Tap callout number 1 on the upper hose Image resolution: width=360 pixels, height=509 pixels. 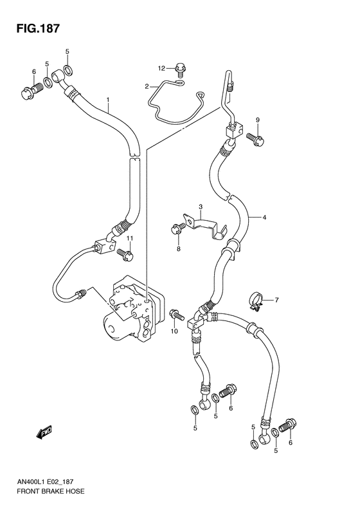tap(109, 99)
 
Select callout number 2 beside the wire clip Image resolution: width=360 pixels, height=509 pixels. tap(147, 86)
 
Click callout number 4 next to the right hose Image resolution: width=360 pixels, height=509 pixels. tap(264, 218)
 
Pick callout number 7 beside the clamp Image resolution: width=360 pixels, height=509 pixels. tap(276, 300)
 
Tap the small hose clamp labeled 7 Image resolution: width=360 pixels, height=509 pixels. tap(256, 300)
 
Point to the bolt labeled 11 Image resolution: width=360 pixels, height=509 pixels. tap(126, 255)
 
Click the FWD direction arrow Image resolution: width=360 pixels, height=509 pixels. tap(43, 433)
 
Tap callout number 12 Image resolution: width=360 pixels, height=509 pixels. tap(163, 68)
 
